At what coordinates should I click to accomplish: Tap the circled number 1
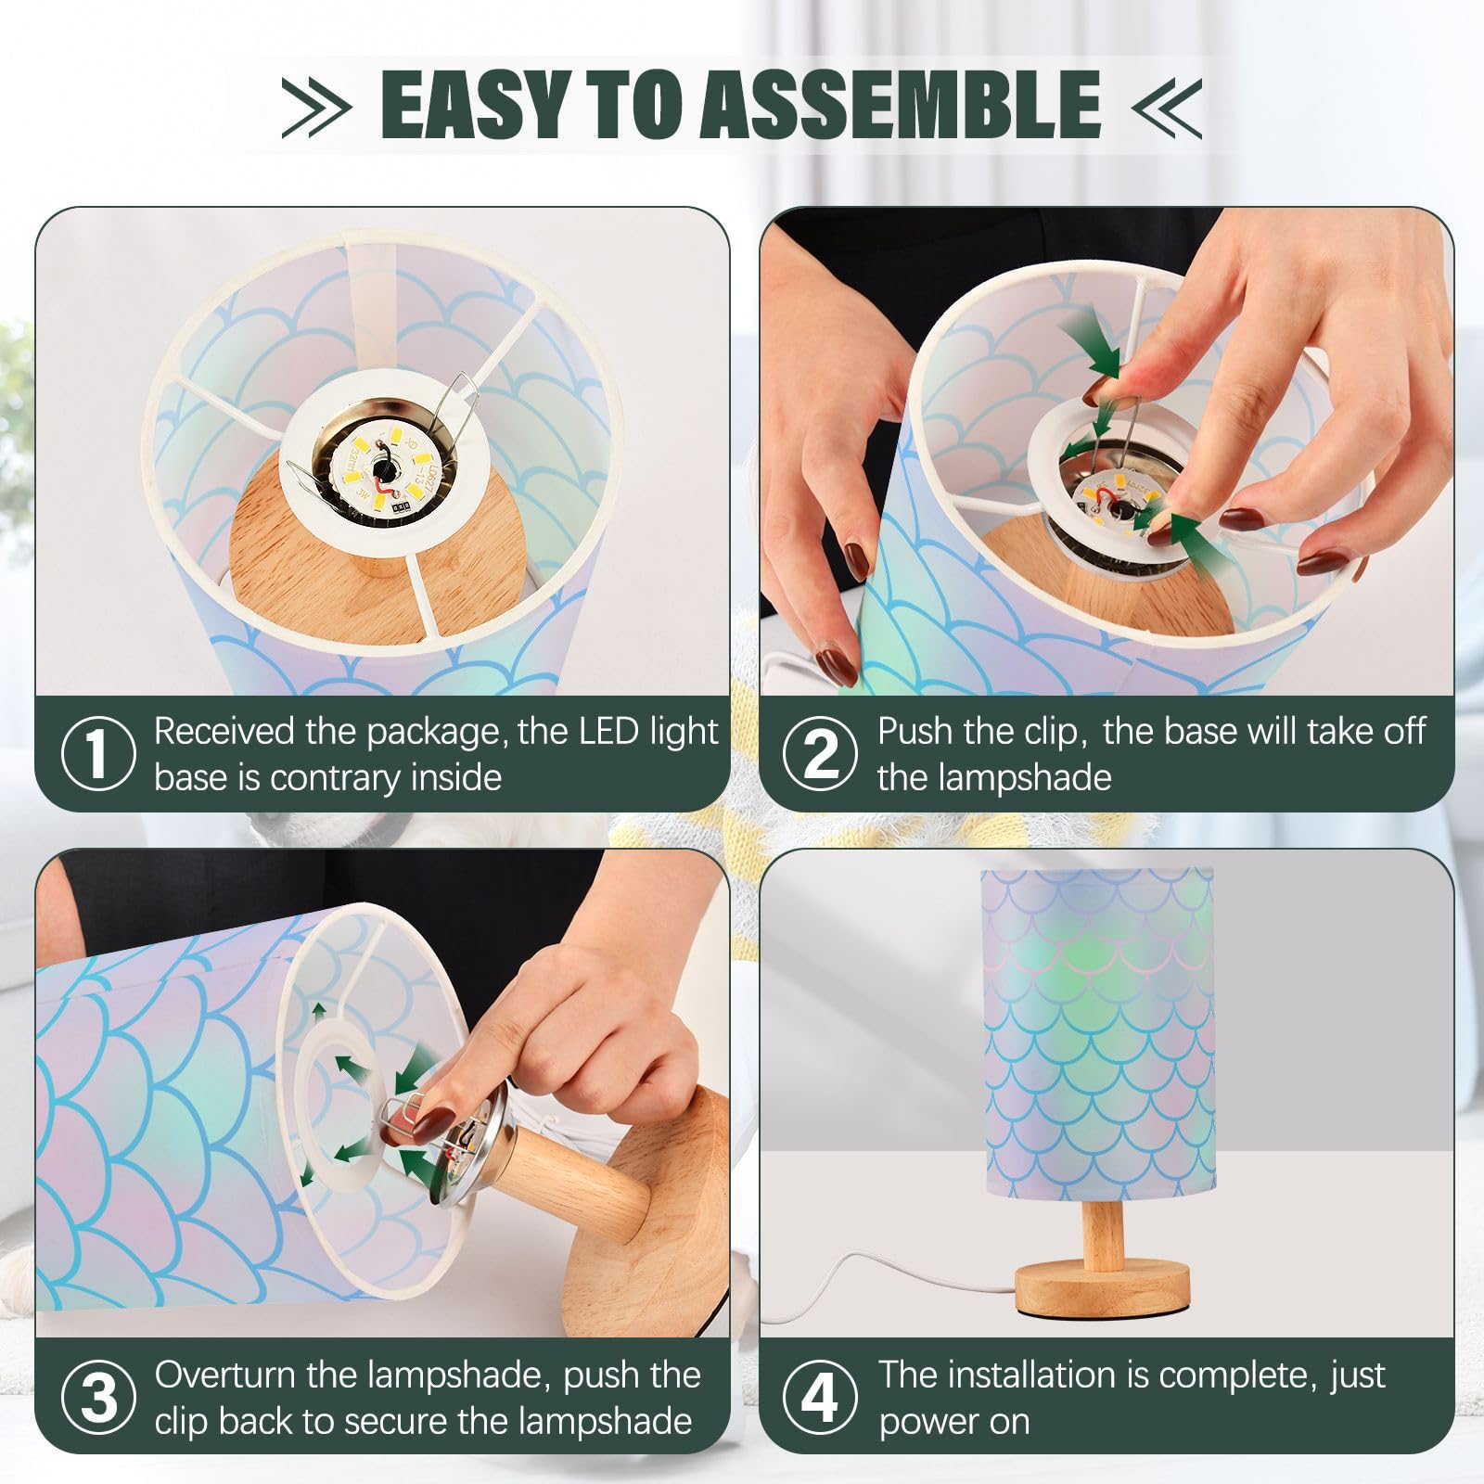click(97, 753)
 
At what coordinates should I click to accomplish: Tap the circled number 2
click(820, 753)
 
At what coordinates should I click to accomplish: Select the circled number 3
click(97, 1397)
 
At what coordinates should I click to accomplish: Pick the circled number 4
click(820, 1397)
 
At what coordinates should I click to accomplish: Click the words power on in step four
click(953, 1422)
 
